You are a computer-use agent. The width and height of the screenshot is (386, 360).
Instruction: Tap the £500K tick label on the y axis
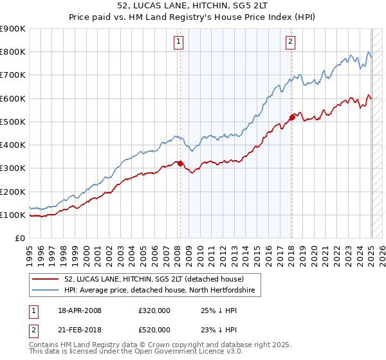point(13,122)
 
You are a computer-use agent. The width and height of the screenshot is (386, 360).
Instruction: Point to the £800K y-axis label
point(13,51)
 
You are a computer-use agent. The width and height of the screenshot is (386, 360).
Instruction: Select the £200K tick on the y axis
point(13,192)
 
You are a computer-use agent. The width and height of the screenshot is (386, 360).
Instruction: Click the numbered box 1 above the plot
point(178,42)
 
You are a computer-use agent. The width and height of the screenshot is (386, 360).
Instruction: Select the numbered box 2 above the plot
point(291,42)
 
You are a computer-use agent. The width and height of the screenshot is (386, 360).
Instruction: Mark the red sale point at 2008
point(181,163)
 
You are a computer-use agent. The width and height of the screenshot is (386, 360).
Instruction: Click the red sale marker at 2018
point(291,117)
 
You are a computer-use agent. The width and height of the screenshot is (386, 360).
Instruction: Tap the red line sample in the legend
point(46,279)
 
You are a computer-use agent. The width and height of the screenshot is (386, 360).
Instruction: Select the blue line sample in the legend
point(46,291)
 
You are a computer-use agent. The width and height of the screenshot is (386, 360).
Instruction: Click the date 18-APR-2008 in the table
point(80,310)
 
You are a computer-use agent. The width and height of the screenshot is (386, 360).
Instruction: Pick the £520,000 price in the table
point(154,329)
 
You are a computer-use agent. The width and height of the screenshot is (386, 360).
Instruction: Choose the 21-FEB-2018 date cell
point(80,329)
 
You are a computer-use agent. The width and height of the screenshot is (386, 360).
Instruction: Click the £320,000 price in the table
point(154,310)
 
